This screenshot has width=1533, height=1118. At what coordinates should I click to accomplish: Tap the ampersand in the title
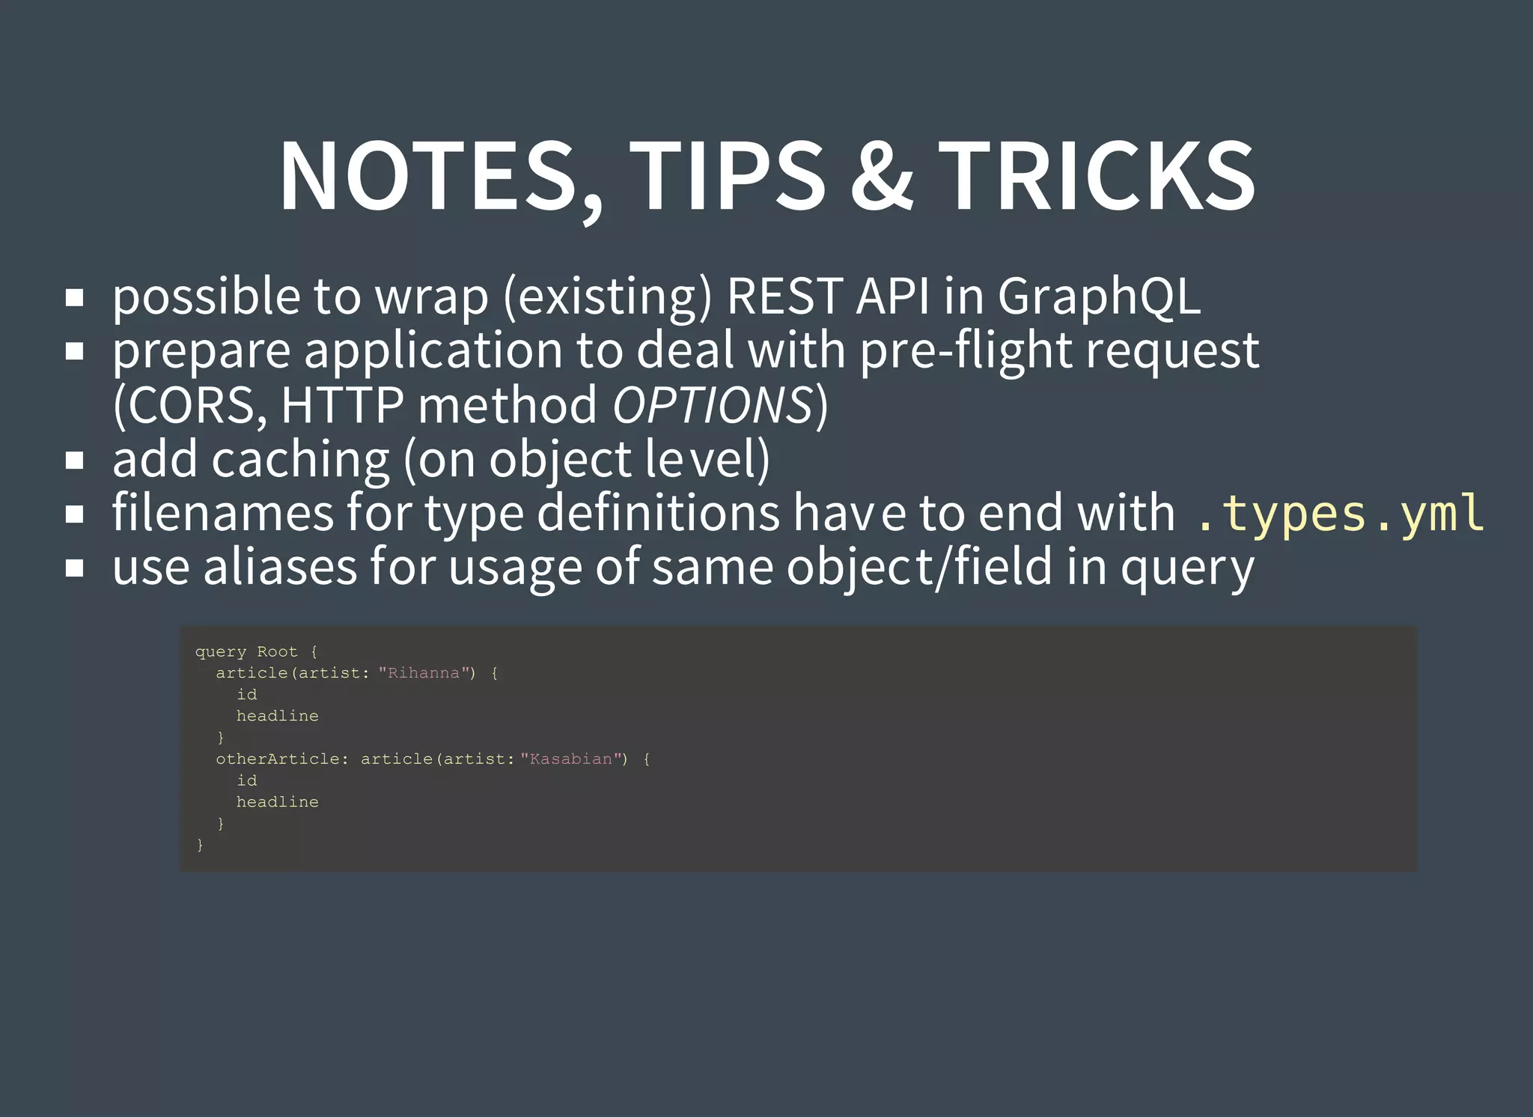(882, 177)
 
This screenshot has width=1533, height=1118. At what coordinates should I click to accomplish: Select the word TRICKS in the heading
(1097, 177)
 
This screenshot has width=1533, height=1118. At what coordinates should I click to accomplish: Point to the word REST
(786, 296)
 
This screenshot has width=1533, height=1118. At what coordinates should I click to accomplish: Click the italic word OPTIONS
(713, 405)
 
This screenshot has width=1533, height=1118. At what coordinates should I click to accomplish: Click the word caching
(300, 459)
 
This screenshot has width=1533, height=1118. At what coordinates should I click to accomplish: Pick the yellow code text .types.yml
(1338, 514)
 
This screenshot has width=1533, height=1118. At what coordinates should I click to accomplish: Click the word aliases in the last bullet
(280, 567)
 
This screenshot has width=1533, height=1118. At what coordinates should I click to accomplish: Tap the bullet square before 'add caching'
(74, 461)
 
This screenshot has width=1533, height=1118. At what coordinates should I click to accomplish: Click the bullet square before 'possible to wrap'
(74, 298)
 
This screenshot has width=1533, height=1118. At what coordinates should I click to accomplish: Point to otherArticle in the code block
(278, 759)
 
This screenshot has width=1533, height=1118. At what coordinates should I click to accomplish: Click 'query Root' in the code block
(246, 651)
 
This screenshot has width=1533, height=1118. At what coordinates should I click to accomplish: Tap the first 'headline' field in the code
(277, 716)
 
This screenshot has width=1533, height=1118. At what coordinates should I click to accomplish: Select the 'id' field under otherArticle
(246, 780)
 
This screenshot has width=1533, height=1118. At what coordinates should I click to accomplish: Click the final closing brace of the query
(200, 845)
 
